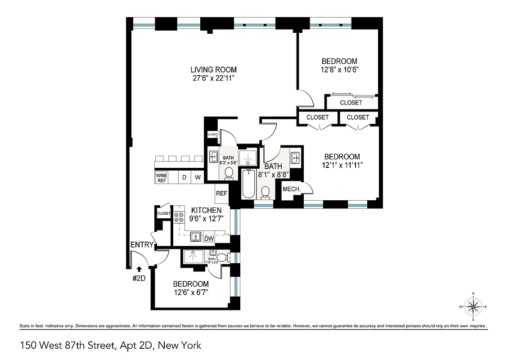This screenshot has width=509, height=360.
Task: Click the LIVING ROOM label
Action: (x=213, y=70)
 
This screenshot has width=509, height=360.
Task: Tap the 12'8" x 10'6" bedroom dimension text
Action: (x=339, y=70)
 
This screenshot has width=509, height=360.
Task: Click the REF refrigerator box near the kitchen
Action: (x=221, y=193)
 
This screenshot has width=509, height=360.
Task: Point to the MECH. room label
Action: (x=292, y=189)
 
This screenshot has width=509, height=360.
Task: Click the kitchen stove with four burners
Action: (x=179, y=218)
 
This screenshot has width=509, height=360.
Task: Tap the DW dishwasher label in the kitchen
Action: (x=209, y=238)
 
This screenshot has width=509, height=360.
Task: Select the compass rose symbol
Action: (x=473, y=307)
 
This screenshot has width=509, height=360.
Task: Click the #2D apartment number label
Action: (x=139, y=278)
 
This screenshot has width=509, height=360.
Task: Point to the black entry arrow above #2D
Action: (x=139, y=269)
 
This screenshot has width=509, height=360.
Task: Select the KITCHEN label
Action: (x=206, y=211)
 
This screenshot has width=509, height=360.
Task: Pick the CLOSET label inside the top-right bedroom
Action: (x=351, y=103)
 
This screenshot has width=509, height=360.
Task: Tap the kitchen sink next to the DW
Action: (x=195, y=237)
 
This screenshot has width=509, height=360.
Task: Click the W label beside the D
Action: (x=198, y=177)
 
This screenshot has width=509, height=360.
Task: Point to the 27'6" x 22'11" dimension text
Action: (x=213, y=78)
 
